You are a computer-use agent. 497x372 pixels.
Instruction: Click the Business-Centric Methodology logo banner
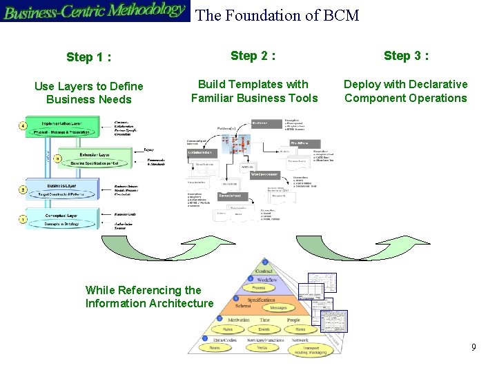click(95, 11)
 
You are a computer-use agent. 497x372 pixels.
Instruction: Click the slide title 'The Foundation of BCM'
click(277, 15)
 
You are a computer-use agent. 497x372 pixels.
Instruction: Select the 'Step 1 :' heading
click(89, 57)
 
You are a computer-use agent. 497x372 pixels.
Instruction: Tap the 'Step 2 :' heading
click(253, 56)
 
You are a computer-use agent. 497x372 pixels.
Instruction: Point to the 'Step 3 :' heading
click(406, 56)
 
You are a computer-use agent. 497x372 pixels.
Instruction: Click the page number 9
click(473, 347)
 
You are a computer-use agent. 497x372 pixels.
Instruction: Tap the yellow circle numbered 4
click(23, 126)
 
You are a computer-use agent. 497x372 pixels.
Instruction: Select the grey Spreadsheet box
click(233, 196)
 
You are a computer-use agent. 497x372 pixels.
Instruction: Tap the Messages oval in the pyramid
click(278, 308)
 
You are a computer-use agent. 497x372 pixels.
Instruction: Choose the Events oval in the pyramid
click(264, 329)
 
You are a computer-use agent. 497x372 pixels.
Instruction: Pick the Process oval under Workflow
click(259, 288)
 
